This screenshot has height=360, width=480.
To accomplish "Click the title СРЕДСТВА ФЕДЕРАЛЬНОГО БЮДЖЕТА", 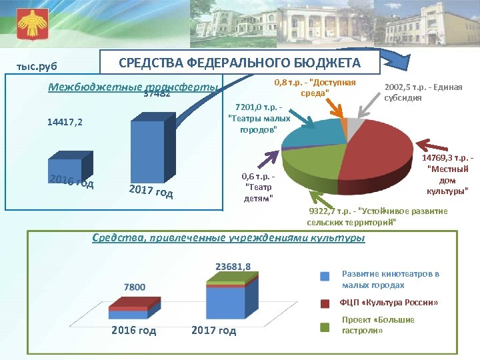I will point(239,63).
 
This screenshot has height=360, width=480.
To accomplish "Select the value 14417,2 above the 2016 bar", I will point(65,123).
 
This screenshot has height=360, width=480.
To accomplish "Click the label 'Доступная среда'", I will point(315,87).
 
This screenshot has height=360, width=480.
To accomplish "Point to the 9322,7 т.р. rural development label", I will point(377,216).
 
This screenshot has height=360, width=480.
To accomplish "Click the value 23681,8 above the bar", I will point(233,267).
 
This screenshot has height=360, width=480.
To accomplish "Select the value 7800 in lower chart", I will point(133,287).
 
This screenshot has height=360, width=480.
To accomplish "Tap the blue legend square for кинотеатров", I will point(325,276).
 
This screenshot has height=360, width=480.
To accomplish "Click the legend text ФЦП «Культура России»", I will point(389,303).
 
